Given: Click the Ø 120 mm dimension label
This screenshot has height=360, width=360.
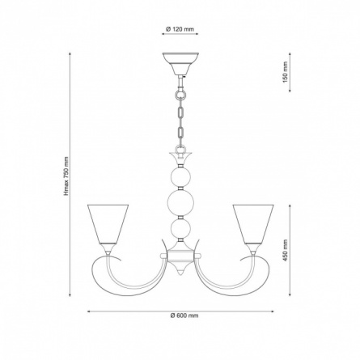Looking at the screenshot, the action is pyautogui.click(x=180, y=29).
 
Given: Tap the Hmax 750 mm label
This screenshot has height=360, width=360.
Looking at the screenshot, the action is pyautogui.click(x=66, y=176).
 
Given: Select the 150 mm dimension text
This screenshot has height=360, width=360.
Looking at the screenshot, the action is pyautogui.click(x=286, y=72).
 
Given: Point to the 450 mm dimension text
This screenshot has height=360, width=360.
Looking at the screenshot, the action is pyautogui.click(x=286, y=251).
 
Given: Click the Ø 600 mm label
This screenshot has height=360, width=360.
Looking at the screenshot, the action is pyautogui.click(x=184, y=316).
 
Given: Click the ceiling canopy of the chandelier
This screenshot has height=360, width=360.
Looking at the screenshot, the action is pyautogui.click(x=180, y=64).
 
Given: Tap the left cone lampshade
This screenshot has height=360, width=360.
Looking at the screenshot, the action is pyautogui.click(x=108, y=224).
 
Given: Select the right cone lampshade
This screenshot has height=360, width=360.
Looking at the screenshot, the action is pyautogui.click(x=253, y=224).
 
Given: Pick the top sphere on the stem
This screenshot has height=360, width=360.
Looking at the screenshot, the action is pyautogui.click(x=180, y=176).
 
